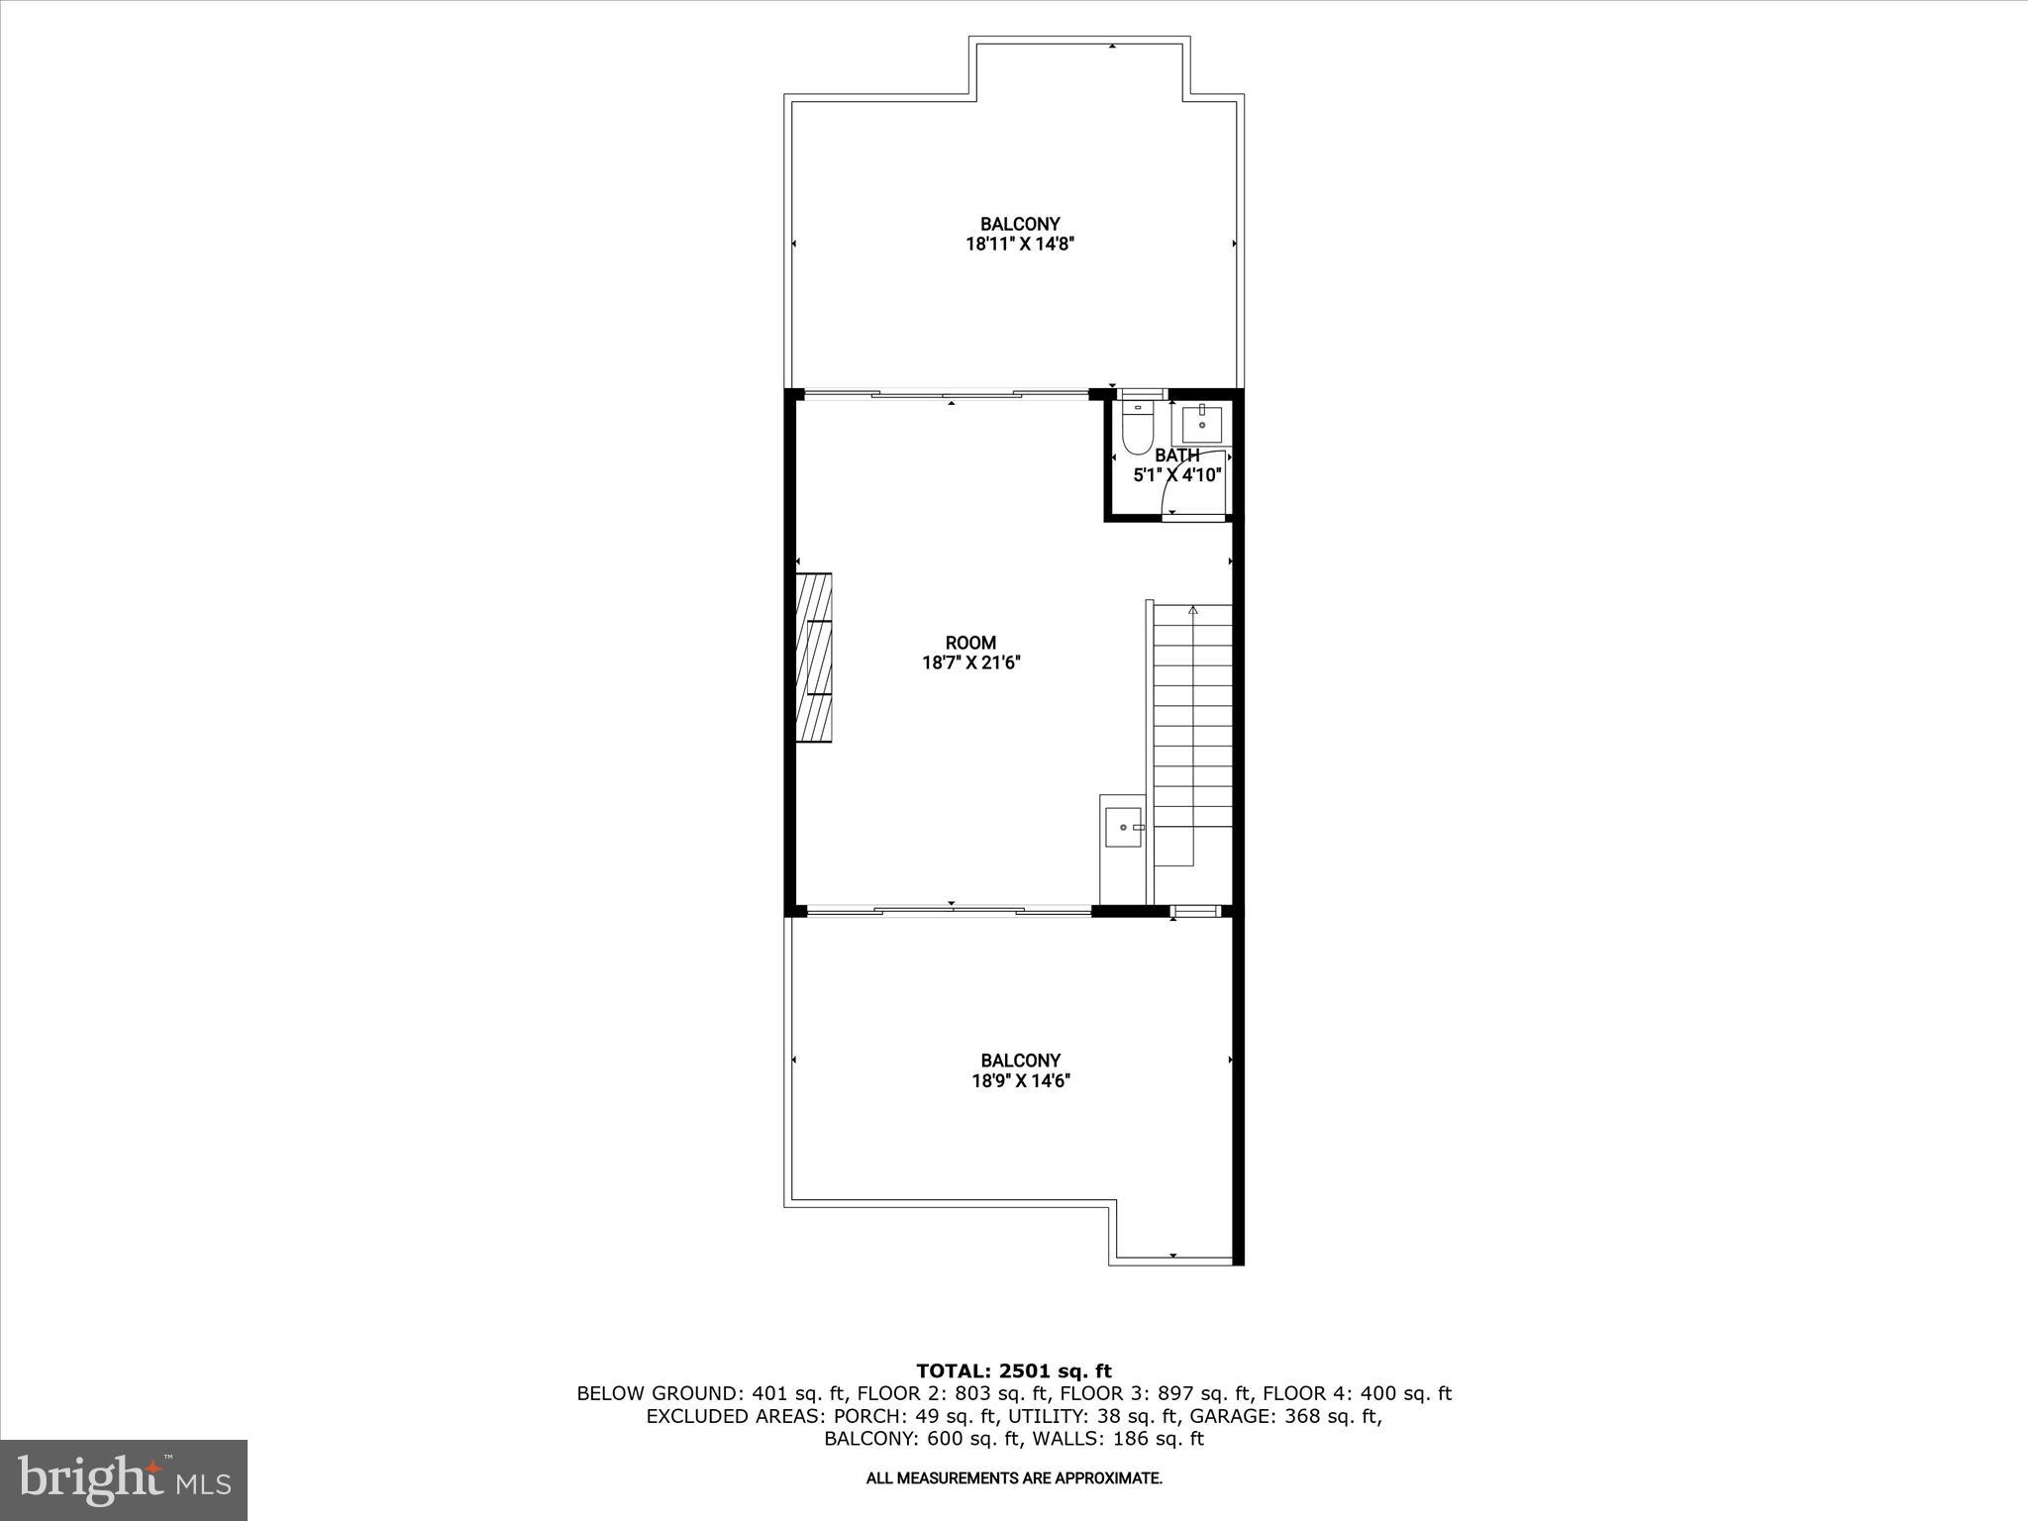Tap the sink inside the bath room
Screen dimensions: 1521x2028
tap(1201, 425)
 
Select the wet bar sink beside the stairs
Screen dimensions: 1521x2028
tap(1123, 827)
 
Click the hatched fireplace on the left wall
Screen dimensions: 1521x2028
tap(815, 658)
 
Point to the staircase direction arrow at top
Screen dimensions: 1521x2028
tap(1193, 610)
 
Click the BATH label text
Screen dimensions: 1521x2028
tap(1176, 456)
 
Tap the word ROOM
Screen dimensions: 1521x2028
tap(970, 643)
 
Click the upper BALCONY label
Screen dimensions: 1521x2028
tap(1020, 224)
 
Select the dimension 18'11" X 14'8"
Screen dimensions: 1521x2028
tap(1020, 245)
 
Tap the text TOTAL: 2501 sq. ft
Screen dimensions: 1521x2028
tap(1014, 1370)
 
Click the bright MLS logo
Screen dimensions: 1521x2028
tap(124, 1479)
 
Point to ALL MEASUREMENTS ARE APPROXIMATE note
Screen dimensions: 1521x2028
tap(1014, 1478)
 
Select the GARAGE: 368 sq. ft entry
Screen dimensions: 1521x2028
tap(1284, 1416)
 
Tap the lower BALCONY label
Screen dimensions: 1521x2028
tap(1020, 1060)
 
